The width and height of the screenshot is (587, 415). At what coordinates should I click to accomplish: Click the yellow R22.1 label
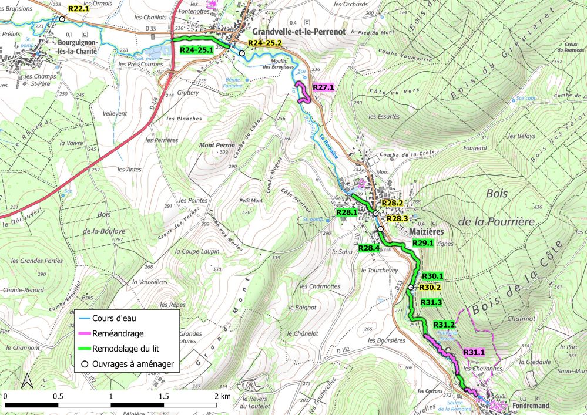click(79, 9)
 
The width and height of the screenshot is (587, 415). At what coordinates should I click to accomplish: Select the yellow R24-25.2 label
click(265, 43)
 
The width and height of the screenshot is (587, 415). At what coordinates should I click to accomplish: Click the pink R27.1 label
click(323, 87)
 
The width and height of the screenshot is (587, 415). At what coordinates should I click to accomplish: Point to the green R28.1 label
click(347, 212)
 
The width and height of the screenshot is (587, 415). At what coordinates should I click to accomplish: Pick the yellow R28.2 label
click(392, 203)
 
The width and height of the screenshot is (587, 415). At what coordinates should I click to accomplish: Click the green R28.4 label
click(369, 248)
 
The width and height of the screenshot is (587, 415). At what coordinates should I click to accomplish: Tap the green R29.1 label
click(422, 243)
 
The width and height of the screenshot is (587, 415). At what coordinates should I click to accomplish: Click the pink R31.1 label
click(474, 352)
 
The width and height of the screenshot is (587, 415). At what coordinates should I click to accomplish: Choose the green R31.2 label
click(444, 325)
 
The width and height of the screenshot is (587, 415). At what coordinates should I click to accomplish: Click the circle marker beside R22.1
click(62, 19)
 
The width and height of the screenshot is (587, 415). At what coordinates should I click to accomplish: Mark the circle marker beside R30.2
click(411, 288)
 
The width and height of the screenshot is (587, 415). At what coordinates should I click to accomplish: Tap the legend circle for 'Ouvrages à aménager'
click(85, 364)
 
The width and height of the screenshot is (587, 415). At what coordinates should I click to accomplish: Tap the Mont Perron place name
click(217, 145)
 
